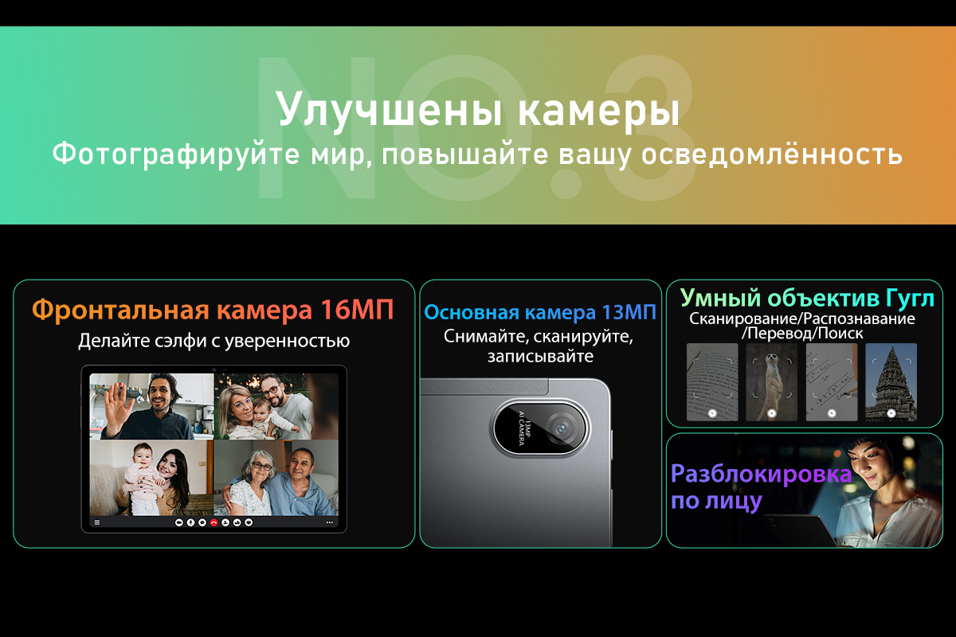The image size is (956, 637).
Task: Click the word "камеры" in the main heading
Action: pos(598,110)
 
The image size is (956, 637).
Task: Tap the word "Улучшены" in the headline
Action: pos(390,110)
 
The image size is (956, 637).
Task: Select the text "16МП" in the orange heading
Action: pos(357,310)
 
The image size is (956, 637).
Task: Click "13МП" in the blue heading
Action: pos(629,313)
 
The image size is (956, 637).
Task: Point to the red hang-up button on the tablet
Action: pos(214,522)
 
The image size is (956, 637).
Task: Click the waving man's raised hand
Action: pos(118,402)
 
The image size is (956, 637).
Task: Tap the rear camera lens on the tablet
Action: pos(562,428)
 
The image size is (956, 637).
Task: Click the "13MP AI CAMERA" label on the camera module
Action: pos(524,428)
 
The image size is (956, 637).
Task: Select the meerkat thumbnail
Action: pos(771,382)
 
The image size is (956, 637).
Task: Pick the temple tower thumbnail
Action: pos(891,382)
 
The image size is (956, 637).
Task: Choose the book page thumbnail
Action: pos(712,382)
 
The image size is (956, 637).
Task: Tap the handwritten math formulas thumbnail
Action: pos(832,382)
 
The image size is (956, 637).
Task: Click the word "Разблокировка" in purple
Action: pos(761,474)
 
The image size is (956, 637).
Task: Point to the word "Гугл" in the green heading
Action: pos(911,299)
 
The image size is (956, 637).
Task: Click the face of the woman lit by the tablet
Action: pos(868,466)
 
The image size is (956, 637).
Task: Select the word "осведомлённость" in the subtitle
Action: pos(772,154)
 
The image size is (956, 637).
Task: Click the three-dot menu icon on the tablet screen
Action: pos(330,522)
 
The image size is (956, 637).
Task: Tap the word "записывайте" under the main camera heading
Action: pos(540,356)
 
